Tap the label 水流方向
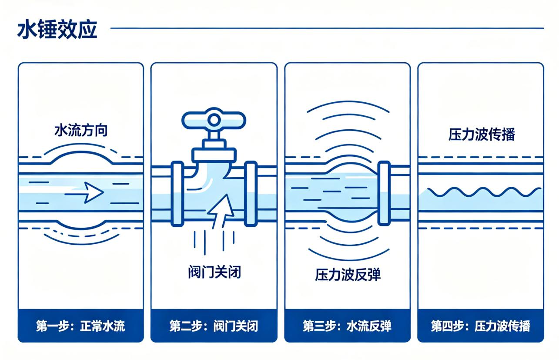81,130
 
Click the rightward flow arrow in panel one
84,192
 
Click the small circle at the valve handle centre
214,120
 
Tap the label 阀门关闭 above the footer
214,272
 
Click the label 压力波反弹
348,275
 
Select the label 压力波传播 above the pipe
482,135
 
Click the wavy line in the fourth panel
484,192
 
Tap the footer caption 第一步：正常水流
80,326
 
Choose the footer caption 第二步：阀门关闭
214,326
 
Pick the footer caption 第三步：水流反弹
347,326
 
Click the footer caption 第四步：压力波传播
481,326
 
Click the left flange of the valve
177,194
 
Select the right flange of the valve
251,194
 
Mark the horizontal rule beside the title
327,28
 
